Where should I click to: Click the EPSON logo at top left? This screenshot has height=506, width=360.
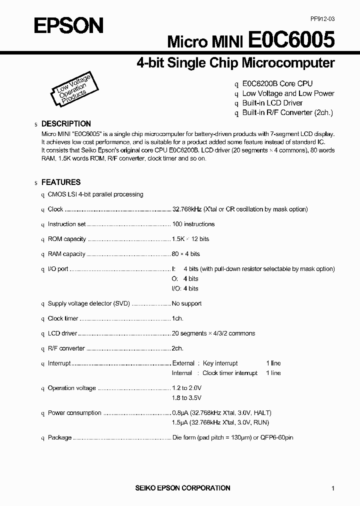(68, 25)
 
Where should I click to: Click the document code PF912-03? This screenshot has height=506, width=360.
(322, 18)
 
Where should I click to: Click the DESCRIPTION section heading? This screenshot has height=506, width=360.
(66, 123)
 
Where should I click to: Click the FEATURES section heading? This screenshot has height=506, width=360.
(60, 182)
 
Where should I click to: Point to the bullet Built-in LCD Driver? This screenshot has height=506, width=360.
(272, 103)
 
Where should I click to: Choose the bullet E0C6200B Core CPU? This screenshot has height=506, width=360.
(277, 84)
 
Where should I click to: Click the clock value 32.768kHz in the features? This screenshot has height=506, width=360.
(187, 209)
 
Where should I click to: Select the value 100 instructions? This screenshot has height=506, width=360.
(193, 224)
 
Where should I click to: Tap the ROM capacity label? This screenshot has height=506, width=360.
(67, 239)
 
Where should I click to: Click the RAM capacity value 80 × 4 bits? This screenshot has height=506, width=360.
(186, 254)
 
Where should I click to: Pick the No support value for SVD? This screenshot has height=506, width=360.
(187, 303)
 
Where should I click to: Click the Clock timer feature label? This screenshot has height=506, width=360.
(63, 318)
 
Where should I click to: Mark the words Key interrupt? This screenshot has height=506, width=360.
(220, 363)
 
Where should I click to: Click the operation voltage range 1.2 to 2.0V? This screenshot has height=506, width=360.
(187, 388)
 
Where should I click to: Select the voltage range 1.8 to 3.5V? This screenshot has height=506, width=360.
(187, 398)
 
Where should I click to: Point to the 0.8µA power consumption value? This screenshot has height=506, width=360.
(179, 413)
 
